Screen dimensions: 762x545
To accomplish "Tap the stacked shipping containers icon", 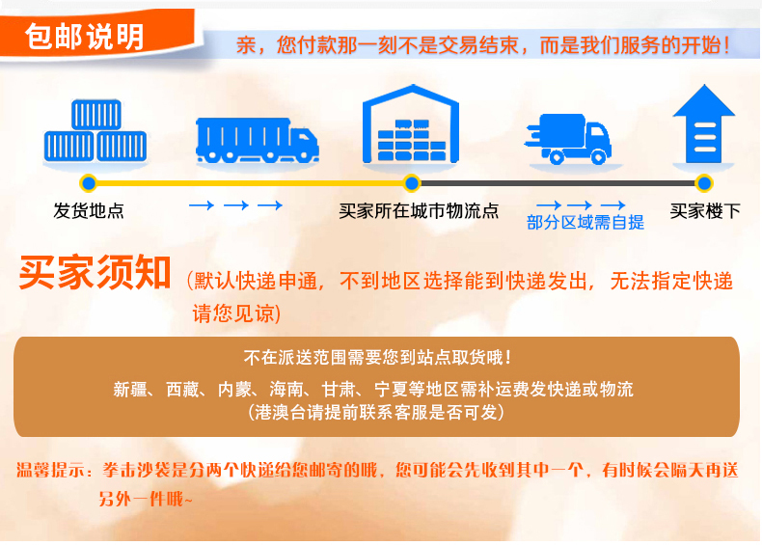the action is click(x=95, y=131).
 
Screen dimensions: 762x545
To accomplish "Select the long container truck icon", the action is click(x=258, y=141).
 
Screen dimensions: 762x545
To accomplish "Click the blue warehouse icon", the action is click(x=411, y=124).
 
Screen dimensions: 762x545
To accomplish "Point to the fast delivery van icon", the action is click(x=567, y=139).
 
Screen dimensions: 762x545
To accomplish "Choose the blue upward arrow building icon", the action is click(x=703, y=124).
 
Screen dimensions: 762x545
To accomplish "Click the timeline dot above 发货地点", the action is click(x=89, y=183).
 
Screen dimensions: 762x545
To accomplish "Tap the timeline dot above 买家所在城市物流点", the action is click(x=412, y=183).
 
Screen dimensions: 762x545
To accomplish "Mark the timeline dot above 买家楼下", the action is click(x=704, y=183).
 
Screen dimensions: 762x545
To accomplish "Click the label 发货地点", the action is click(x=89, y=211).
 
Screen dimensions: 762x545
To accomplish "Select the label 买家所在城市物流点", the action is click(x=419, y=211).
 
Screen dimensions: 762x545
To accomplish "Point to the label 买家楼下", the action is click(x=705, y=211).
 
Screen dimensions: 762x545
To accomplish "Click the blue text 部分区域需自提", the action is click(x=585, y=223).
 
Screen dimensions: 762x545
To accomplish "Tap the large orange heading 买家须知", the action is click(x=95, y=272).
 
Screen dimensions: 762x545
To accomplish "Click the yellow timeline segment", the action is click(x=250, y=183).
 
